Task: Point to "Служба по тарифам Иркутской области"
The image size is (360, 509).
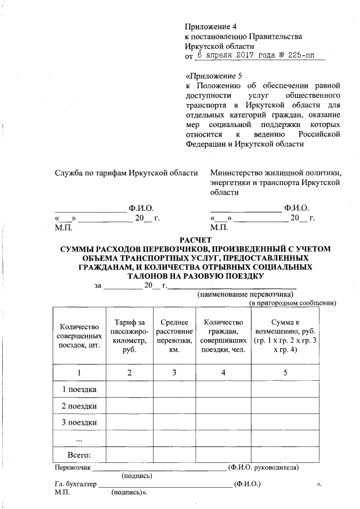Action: (126, 173)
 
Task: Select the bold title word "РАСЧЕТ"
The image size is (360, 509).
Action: (195, 240)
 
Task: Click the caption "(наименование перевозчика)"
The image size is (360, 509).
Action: (244, 294)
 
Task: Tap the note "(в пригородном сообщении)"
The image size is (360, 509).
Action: (292, 303)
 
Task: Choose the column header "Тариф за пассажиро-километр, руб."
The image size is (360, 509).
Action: (130, 335)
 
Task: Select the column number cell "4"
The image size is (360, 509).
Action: (223, 372)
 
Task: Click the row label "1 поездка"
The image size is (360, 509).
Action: (79, 389)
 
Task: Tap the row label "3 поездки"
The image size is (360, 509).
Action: (79, 422)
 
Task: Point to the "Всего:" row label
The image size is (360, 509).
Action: (79, 454)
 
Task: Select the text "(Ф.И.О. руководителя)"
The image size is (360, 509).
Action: (263, 467)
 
